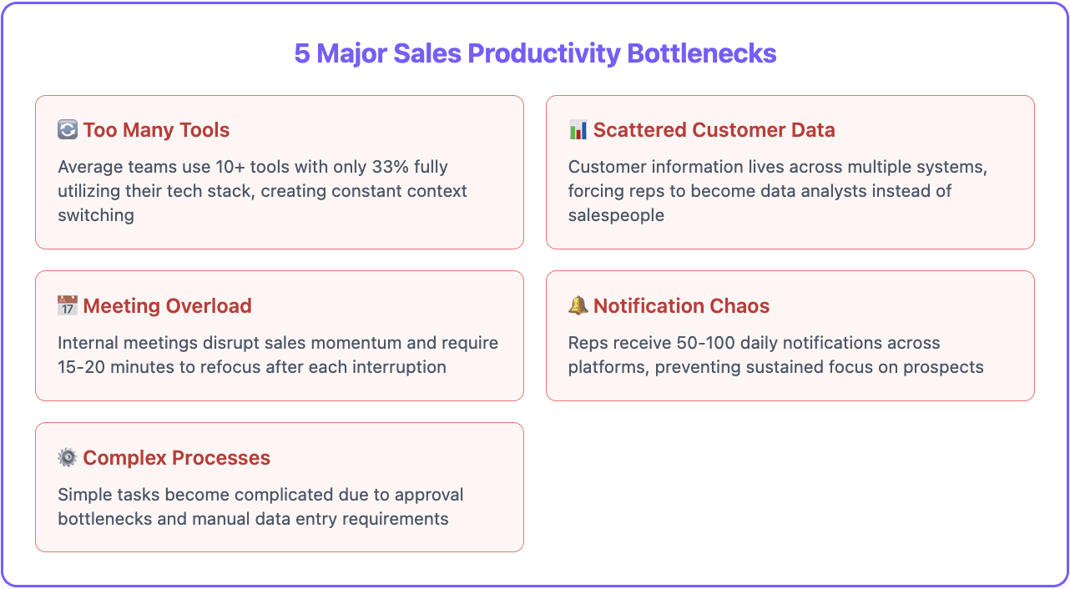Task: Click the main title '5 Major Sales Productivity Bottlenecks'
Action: pyautogui.click(x=535, y=53)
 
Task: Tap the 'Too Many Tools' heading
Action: pyautogui.click(x=156, y=130)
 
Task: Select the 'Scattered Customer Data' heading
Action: pyautogui.click(x=714, y=130)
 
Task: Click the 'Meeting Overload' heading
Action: pyautogui.click(x=167, y=306)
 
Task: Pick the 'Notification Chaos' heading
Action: pyautogui.click(x=681, y=306)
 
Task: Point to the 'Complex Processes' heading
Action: pyautogui.click(x=176, y=458)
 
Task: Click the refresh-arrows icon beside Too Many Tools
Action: pyautogui.click(x=68, y=130)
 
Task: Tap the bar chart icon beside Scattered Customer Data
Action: pyautogui.click(x=578, y=130)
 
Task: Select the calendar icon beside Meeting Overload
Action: pyautogui.click(x=68, y=306)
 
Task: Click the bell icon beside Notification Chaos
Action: pyautogui.click(x=578, y=306)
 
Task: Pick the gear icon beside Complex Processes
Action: pyautogui.click(x=68, y=458)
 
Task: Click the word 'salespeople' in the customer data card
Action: pyautogui.click(x=616, y=215)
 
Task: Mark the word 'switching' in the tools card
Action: pyautogui.click(x=96, y=215)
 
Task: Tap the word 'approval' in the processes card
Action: pyautogui.click(x=428, y=495)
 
